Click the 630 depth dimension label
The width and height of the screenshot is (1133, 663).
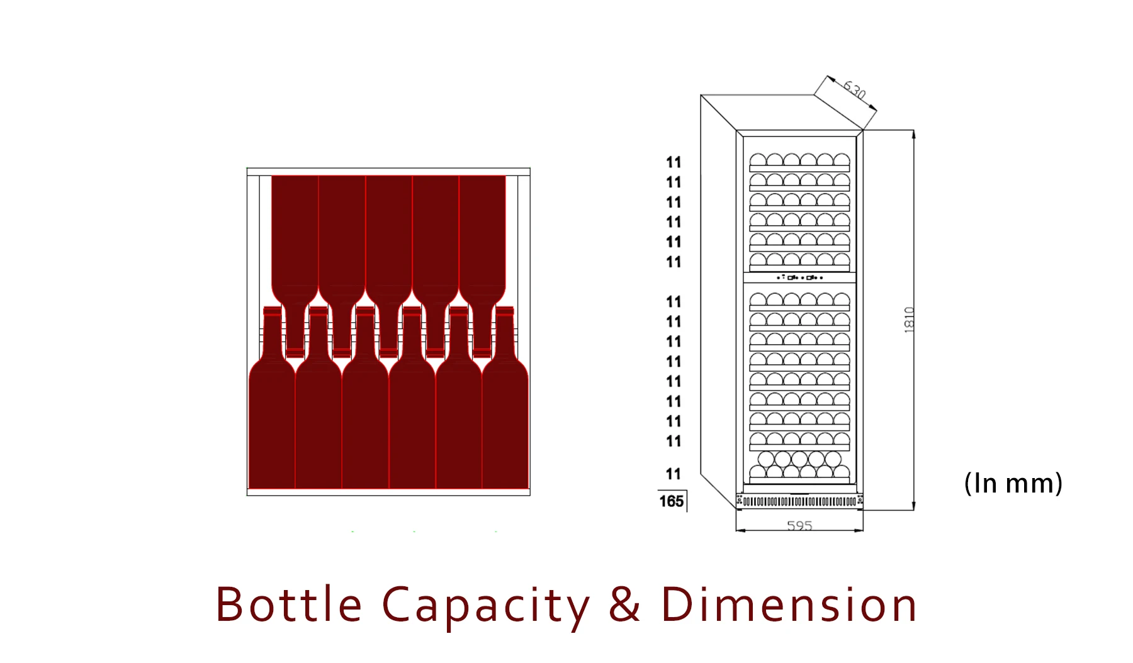click(855, 90)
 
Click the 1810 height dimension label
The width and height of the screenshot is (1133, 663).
click(909, 320)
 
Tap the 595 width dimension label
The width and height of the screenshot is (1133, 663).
click(799, 525)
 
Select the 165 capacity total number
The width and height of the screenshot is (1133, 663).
click(671, 501)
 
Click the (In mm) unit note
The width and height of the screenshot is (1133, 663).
click(1013, 483)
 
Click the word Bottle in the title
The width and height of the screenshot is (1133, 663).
click(289, 604)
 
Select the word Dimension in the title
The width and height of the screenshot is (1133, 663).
click(789, 604)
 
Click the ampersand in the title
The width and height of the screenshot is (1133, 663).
click(624, 604)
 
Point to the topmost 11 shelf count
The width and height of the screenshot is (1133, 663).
click(674, 162)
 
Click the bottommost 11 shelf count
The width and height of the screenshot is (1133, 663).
click(674, 474)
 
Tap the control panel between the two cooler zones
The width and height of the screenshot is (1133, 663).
click(799, 277)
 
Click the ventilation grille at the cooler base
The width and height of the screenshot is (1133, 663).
click(799, 501)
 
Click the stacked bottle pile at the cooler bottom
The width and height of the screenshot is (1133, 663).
click(799, 465)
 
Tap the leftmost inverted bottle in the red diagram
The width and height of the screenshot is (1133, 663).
click(295, 239)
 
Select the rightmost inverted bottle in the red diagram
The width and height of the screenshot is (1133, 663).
click(482, 239)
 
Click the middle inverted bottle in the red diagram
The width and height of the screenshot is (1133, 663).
click(388, 239)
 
